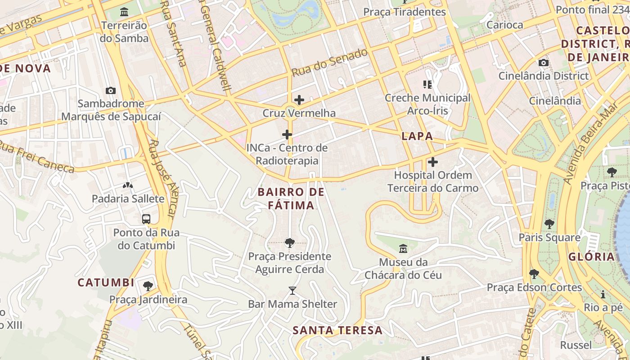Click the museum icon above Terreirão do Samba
[124, 12]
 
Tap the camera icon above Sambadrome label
[111, 90]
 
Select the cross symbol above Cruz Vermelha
[299, 100]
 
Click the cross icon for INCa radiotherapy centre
[287, 135]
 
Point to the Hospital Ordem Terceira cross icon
[433, 162]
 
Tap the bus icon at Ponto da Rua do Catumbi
[146, 219]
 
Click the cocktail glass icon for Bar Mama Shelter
[292, 291]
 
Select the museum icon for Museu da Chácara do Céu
[403, 248]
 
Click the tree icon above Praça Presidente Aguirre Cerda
[290, 243]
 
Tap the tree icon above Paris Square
[549, 224]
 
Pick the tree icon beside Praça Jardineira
[148, 286]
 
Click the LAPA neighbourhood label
[417, 136]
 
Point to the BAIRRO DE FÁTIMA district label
[291, 198]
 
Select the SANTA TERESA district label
[337, 330]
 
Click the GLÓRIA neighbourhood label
[591, 256]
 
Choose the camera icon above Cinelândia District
[544, 63]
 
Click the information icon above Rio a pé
[603, 295]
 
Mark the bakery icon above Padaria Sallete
[128, 185]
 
